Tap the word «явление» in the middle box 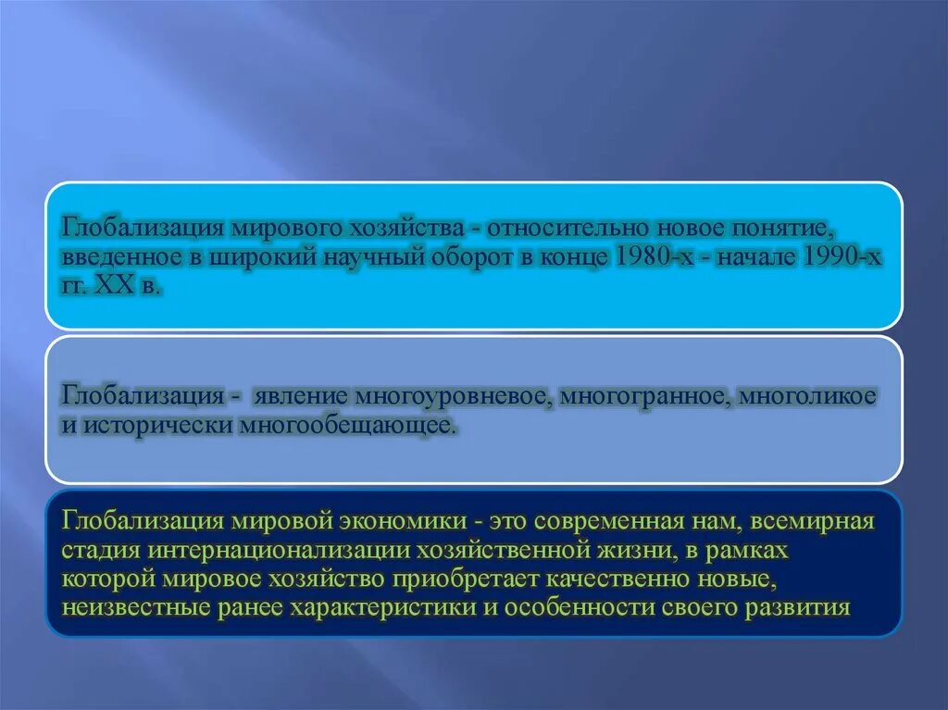click(x=287, y=396)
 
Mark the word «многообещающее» click(x=348, y=426)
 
